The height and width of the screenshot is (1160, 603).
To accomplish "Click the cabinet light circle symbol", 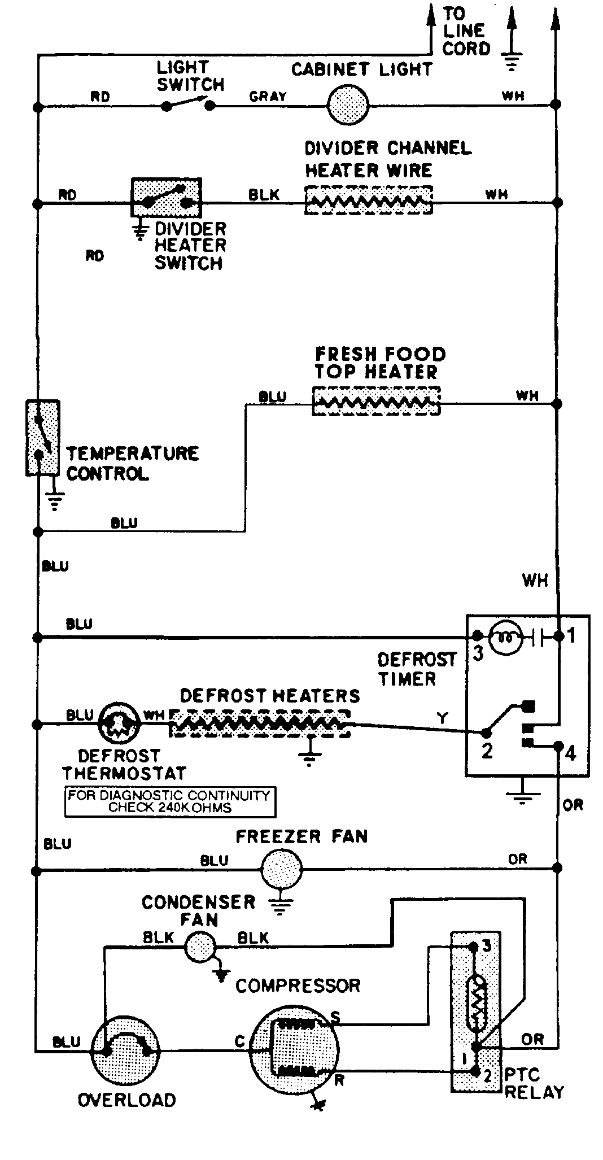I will [348, 104].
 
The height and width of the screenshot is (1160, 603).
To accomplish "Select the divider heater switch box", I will [166, 197].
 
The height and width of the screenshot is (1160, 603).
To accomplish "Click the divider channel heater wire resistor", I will [368, 200].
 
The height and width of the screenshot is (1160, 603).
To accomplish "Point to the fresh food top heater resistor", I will [375, 402].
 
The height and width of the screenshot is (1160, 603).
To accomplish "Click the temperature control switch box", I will [42, 438].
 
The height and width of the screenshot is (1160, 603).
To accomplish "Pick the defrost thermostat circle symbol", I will [118, 723].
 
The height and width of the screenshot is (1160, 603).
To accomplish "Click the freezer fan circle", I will [281, 870].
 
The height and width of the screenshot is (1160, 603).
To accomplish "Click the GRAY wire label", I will [268, 97].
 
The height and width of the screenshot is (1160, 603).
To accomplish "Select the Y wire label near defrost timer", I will [442, 718].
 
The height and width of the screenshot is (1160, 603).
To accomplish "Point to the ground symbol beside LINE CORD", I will [511, 56].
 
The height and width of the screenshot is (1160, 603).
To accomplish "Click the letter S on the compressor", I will [335, 1018].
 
